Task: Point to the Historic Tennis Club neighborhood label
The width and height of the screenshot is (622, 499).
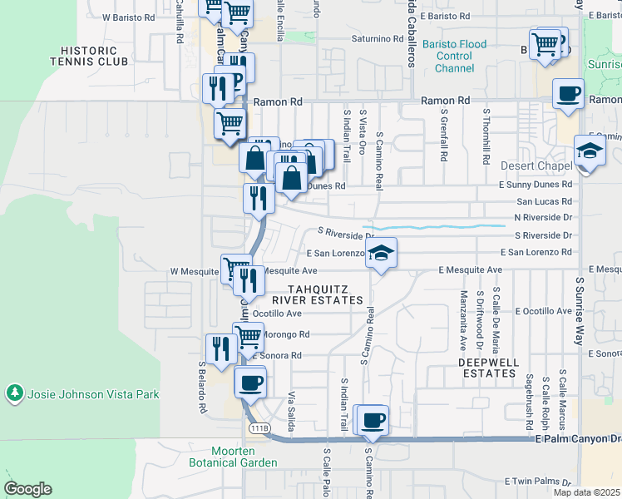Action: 89,56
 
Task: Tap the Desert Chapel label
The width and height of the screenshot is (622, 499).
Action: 531,166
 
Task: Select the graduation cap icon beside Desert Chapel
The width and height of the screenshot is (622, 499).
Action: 590,152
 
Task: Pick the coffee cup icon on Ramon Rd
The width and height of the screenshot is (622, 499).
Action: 569,93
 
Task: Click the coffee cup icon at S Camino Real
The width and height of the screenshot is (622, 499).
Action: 373,420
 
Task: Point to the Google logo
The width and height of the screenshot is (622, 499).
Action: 27,489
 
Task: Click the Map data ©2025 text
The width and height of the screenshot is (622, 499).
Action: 586,492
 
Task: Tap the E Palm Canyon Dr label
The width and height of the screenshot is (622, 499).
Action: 577,437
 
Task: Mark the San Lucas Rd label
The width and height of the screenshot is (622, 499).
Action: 545,201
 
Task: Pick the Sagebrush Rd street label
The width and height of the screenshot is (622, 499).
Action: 530,393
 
